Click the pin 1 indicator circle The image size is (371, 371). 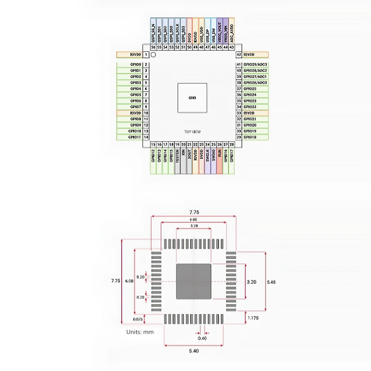(x=153, y=55)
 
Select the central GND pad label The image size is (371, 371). (x=192, y=98)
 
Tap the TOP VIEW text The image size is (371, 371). (x=193, y=132)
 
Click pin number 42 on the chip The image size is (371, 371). (x=239, y=55)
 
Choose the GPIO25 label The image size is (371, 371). (x=250, y=89)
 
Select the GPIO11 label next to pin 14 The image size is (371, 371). (x=134, y=137)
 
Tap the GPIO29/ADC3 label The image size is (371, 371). (x=255, y=65)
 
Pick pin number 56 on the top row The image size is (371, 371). (x=153, y=47)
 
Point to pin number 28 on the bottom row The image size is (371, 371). (x=232, y=144)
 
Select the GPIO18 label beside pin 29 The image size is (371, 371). (x=250, y=137)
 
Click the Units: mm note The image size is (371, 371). (x=140, y=332)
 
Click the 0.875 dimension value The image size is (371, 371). (x=137, y=319)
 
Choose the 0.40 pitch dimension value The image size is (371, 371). (x=202, y=338)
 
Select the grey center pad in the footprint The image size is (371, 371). (x=193, y=282)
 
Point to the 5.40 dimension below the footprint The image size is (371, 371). (x=193, y=351)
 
